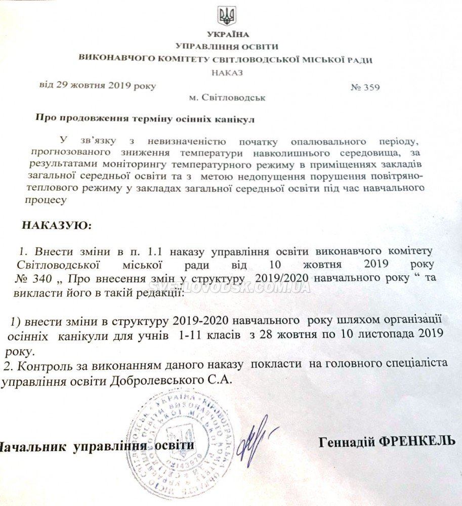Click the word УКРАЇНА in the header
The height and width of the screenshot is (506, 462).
[x=228, y=34]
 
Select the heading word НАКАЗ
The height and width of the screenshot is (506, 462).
[x=228, y=72]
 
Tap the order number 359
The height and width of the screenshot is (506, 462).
[x=371, y=87]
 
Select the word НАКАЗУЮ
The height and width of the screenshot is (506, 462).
[x=57, y=225]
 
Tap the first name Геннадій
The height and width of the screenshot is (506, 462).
[x=347, y=442]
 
